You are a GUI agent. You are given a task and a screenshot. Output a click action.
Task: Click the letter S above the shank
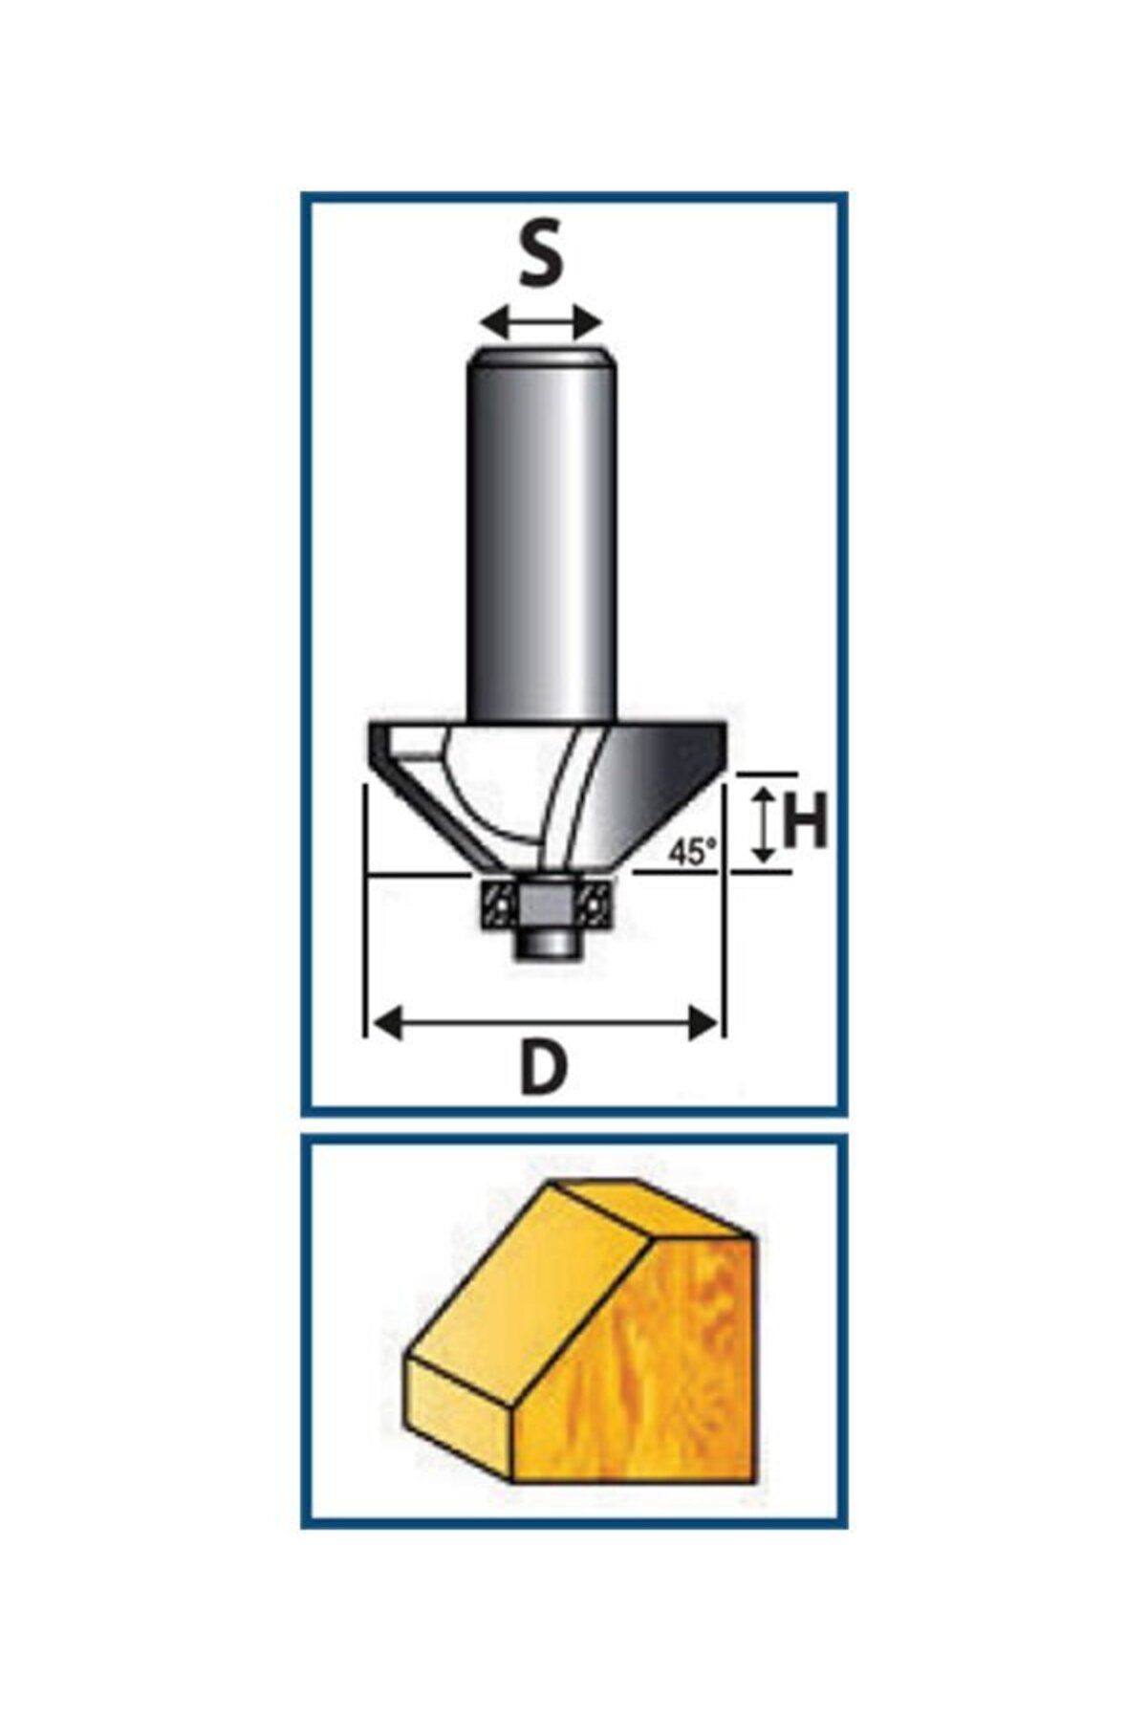(x=541, y=256)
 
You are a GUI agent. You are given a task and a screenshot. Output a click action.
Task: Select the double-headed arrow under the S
(x=542, y=322)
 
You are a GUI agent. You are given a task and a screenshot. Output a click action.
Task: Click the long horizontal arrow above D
(x=544, y=1024)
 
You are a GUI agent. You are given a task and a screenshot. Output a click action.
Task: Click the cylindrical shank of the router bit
(x=542, y=535)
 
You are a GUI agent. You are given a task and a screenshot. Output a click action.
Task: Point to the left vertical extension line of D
(x=366, y=908)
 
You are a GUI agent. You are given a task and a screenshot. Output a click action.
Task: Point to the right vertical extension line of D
(x=723, y=908)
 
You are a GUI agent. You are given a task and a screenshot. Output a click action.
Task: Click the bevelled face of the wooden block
(x=526, y=1300)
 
